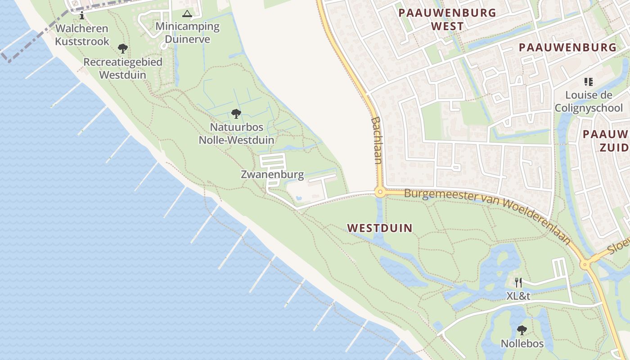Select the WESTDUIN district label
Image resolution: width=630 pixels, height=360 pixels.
[x=380, y=228]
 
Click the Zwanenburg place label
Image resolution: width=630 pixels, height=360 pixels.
[x=272, y=175]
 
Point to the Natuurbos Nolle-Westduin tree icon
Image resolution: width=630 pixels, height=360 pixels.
[x=236, y=114]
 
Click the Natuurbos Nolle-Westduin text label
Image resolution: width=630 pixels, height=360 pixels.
[x=236, y=134]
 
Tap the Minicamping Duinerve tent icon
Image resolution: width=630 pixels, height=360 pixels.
[x=187, y=14]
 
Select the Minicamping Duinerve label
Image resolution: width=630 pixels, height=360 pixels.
[x=187, y=32]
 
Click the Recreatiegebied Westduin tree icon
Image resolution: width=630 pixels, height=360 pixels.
[x=122, y=49]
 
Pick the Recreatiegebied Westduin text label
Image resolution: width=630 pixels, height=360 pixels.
[x=122, y=68]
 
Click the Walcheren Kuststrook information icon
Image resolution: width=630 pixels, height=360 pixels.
[x=82, y=16]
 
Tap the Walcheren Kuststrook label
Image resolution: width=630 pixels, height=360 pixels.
[x=82, y=35]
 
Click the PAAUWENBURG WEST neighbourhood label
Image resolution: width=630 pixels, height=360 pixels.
[x=447, y=19]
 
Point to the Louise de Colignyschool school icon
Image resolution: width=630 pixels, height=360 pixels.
[x=588, y=82]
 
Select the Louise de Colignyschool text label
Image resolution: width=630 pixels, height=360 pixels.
[x=589, y=101]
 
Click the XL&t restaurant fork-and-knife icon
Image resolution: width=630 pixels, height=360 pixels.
[x=518, y=282]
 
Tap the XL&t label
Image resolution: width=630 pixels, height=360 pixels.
[x=518, y=296]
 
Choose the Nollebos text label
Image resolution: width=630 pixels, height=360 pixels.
[x=522, y=344]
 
